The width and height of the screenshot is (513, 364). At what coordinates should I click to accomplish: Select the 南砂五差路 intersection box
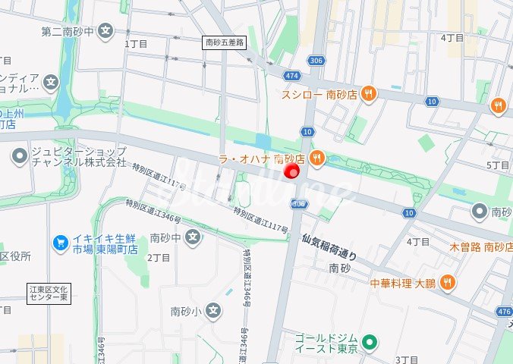[225, 43]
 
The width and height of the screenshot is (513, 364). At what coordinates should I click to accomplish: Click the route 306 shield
[316, 60]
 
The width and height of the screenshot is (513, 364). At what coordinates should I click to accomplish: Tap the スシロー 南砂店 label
[319, 94]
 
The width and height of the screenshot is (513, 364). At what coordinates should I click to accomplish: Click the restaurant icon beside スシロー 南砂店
[368, 93]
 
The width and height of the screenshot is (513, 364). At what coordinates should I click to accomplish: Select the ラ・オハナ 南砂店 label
[261, 158]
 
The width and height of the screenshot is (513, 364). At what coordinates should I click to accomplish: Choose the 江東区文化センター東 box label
[49, 293]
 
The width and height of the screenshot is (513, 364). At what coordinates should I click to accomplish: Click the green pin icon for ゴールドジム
[370, 343]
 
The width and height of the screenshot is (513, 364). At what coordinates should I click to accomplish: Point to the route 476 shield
[504, 312]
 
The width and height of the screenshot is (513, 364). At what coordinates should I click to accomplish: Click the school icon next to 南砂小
[216, 310]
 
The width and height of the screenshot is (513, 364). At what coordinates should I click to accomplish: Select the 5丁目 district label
[497, 165]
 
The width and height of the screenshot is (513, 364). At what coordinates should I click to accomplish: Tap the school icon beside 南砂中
[194, 237]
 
